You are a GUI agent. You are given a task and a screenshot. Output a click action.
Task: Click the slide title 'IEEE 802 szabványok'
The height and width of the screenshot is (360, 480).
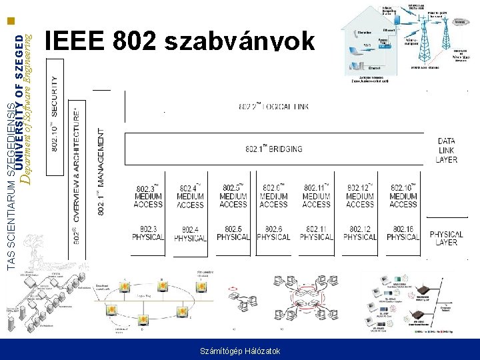[x=179, y=42]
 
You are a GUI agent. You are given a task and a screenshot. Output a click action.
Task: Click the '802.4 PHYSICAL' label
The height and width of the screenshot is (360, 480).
[x=190, y=234]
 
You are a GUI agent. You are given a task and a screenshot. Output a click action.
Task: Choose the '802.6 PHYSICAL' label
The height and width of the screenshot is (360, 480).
[x=273, y=233]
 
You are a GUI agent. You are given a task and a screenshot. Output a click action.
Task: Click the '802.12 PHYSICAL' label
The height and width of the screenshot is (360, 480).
[x=360, y=233]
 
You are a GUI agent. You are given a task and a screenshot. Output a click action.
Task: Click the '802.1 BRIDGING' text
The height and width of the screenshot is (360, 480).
[x=274, y=149]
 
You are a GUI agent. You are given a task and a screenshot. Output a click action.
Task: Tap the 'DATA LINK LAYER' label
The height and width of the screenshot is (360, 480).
[x=447, y=150]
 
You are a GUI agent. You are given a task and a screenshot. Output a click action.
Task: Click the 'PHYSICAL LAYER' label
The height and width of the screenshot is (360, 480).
[x=447, y=238]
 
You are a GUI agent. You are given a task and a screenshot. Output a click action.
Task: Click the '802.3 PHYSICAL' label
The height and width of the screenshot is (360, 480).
[x=148, y=233]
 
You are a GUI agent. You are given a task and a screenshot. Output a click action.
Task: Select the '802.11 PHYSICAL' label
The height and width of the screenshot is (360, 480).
[x=316, y=233]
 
